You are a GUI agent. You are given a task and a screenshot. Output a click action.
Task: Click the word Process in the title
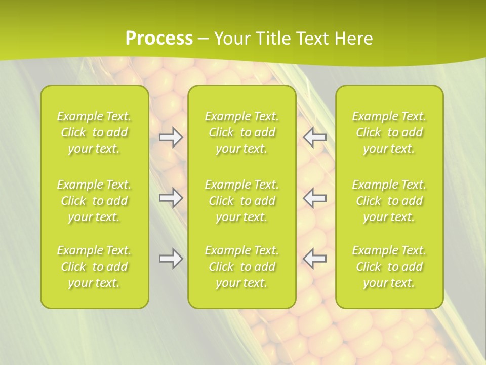pos(159,39)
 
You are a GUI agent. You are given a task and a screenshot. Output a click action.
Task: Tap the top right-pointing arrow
pos(171,137)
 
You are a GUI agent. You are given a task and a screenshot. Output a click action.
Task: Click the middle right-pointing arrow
pos(171,198)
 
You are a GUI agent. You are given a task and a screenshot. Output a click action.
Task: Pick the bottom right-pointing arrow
pos(171,259)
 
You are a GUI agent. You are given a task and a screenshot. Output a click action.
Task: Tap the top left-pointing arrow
pos(315,137)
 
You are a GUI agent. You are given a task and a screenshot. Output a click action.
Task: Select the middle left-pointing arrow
pos(315,198)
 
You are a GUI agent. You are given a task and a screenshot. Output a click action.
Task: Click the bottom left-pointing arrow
pos(315,259)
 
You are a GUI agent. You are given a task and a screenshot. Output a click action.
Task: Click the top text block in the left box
pos(94,132)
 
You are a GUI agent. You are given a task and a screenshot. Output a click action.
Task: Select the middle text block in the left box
pos(94,201)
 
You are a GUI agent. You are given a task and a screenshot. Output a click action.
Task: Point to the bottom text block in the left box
pos(94,267)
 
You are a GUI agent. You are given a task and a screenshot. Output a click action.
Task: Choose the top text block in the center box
pos(242,132)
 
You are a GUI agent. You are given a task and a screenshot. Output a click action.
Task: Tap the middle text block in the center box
pos(242,201)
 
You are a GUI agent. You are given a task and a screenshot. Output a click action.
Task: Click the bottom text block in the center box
pos(242,267)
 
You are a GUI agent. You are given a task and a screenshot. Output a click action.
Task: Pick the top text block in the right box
pos(389,132)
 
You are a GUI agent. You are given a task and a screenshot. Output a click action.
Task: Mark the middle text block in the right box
pos(389,201)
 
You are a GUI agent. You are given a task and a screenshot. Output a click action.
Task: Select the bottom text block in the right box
pos(389,267)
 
